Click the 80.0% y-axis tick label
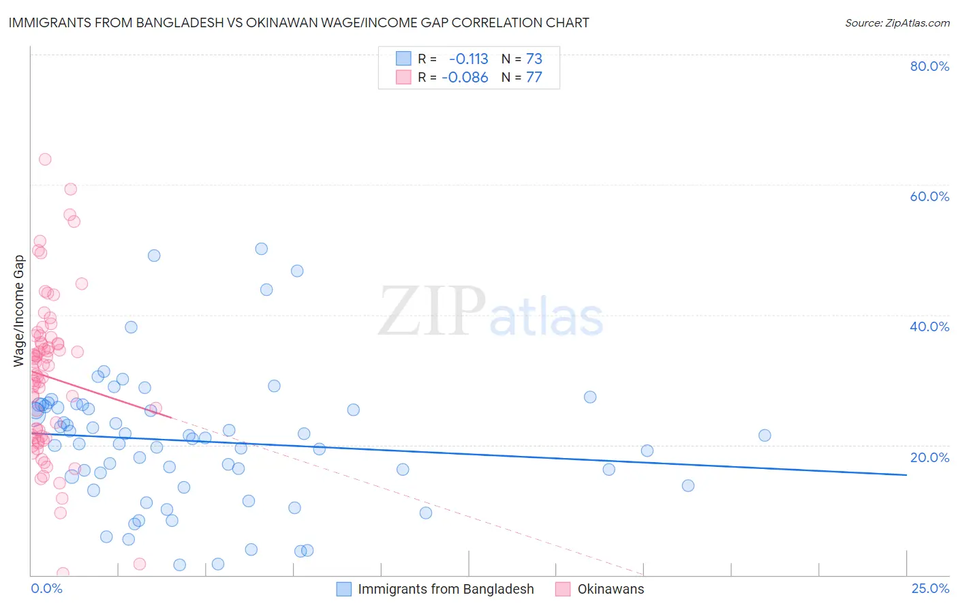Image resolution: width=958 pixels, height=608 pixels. click(929, 66)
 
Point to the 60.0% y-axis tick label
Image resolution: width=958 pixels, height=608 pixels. click(929, 196)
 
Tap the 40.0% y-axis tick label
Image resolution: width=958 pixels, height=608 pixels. click(929, 326)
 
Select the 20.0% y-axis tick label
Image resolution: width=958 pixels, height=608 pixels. click(929, 457)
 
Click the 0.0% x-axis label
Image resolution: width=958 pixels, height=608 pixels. click(46, 588)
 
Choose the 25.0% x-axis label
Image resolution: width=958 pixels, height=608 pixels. click(930, 588)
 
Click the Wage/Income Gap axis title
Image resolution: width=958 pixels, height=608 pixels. click(19, 311)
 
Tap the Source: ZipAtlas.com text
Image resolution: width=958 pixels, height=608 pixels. click(897, 22)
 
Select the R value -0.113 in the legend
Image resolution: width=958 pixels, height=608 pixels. click(468, 59)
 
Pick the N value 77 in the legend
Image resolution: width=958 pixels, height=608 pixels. click(534, 78)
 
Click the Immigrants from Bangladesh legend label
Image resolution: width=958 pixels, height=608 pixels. click(446, 589)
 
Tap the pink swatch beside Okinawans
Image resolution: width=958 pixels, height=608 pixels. click(563, 589)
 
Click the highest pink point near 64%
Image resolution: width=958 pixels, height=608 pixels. click(45, 159)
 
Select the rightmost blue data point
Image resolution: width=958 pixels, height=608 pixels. click(764, 436)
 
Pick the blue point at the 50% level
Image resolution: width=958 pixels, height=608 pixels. click(261, 249)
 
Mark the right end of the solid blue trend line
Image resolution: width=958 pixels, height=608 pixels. click(906, 474)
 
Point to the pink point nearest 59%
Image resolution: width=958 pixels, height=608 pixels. click(70, 189)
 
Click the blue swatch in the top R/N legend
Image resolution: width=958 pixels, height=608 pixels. click(403, 59)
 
